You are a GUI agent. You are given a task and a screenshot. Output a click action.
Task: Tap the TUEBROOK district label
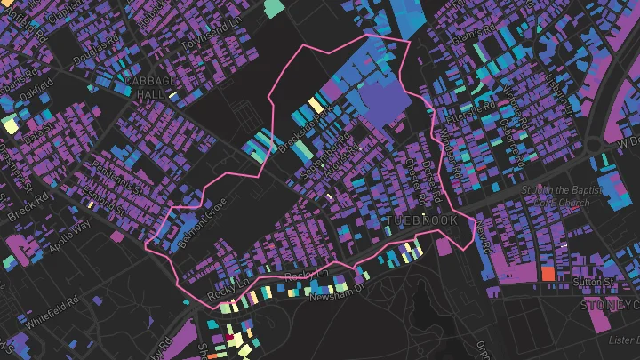click(422, 220)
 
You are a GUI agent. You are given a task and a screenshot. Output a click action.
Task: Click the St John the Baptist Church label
click(556, 195)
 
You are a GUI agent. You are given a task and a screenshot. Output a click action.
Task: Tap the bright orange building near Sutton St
click(548, 274)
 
